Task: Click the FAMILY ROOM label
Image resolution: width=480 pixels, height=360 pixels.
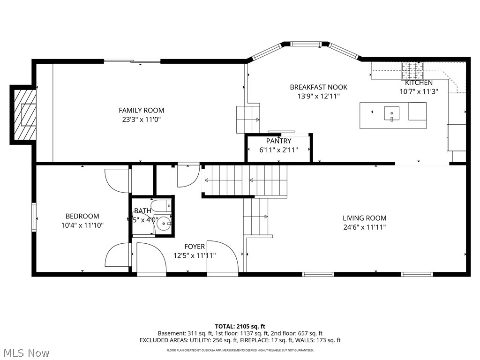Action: coord(141,110)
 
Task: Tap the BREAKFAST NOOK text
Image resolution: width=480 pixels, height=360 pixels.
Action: coord(318,87)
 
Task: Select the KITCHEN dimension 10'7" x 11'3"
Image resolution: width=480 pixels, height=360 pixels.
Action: coord(418,92)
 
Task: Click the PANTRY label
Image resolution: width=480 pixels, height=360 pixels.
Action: coord(278,141)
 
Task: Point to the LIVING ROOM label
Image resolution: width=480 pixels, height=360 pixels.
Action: coord(364,218)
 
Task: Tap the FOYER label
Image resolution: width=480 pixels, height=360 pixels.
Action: coord(194,247)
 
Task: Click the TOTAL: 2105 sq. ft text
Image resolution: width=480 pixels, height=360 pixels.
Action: coord(240,326)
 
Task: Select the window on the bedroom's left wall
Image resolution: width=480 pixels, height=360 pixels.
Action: coord(34,217)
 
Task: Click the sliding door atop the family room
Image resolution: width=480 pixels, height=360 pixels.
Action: coord(132,61)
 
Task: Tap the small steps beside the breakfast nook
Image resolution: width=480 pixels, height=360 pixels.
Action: coord(248,120)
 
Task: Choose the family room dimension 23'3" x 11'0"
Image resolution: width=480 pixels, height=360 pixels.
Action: coord(141,120)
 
